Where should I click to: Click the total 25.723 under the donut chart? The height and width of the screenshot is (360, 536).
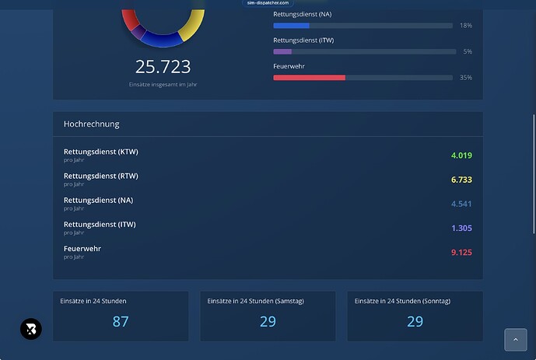click(163, 67)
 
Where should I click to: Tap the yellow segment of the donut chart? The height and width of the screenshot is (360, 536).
click(193, 26)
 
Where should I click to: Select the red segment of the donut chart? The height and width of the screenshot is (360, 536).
click(130, 19)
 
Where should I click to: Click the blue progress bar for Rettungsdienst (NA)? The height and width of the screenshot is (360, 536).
click(291, 26)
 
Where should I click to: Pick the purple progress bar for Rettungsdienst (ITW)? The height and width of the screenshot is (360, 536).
click(282, 51)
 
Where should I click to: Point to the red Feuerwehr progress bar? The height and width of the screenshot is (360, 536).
click(309, 78)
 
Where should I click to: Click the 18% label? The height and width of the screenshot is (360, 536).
click(465, 26)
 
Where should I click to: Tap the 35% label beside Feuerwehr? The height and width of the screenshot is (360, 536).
click(465, 78)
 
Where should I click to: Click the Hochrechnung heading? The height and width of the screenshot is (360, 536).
click(92, 124)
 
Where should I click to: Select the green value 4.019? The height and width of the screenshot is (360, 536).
click(461, 156)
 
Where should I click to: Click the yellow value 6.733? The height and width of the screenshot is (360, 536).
click(461, 180)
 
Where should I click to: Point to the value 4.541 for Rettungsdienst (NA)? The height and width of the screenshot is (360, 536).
click(461, 204)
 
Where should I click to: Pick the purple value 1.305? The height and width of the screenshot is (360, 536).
click(461, 228)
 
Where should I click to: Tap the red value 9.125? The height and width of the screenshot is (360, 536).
click(461, 253)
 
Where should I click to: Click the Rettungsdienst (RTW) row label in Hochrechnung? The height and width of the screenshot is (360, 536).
click(101, 176)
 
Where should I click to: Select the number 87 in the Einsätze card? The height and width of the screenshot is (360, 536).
click(121, 321)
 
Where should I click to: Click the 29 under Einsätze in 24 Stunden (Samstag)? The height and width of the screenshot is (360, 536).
click(268, 321)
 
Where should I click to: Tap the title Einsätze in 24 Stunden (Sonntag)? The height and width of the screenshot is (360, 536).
click(402, 301)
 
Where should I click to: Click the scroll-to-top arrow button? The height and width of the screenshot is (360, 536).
click(516, 340)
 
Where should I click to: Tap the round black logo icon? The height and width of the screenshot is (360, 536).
click(31, 329)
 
